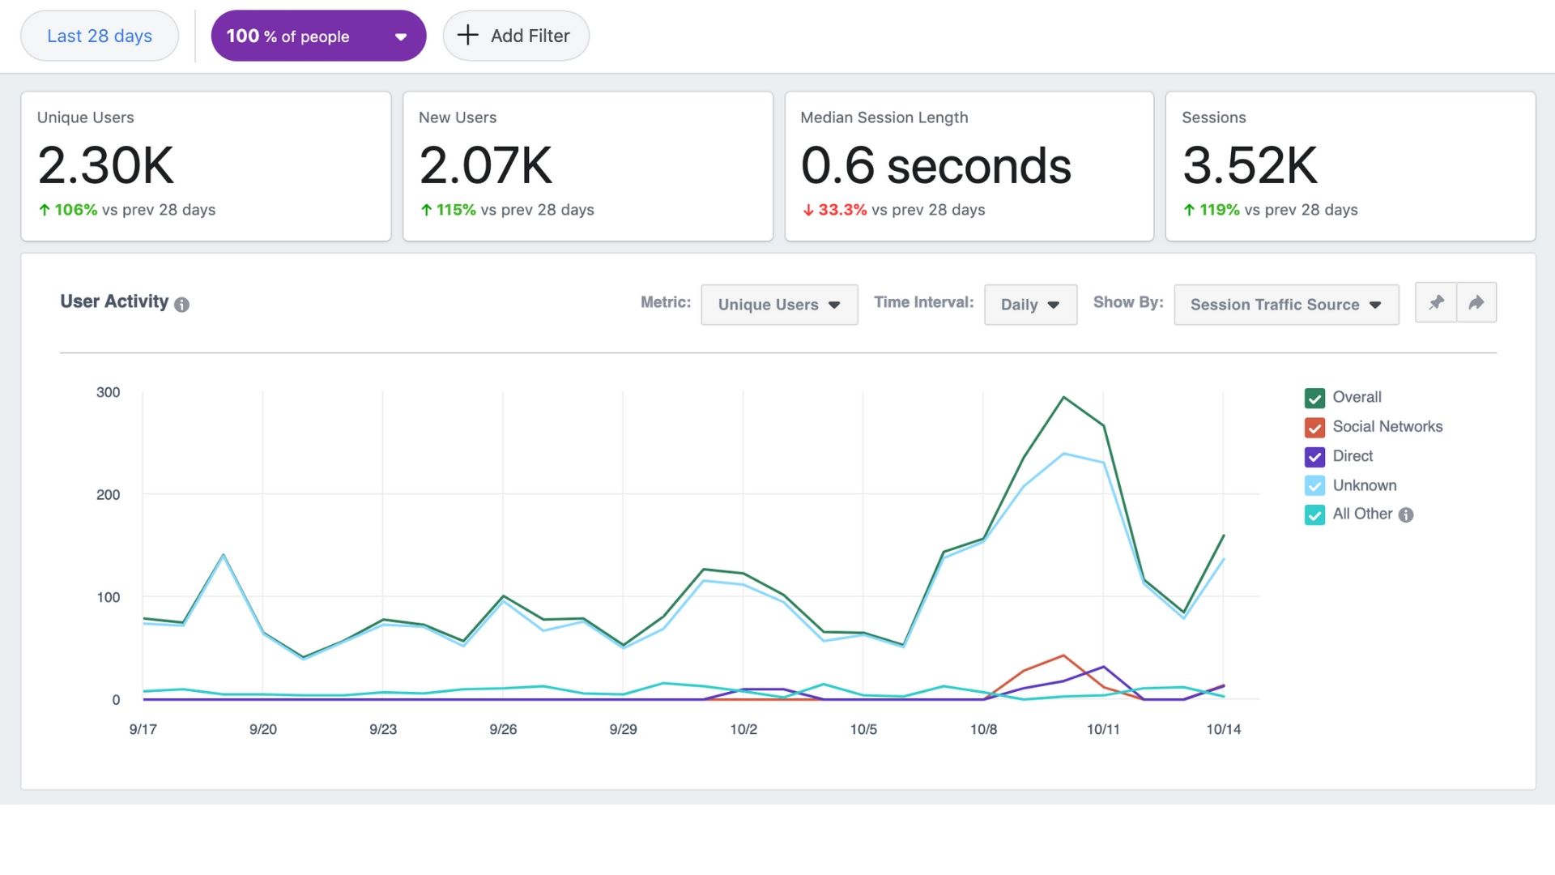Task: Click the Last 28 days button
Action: [x=100, y=36]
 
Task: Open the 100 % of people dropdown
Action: [x=318, y=36]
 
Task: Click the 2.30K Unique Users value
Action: [x=106, y=165]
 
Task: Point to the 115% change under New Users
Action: [x=456, y=210]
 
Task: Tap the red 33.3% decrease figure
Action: [x=841, y=210]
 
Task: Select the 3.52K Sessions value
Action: [x=1250, y=165]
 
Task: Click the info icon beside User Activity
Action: [x=182, y=305]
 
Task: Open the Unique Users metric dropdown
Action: [x=778, y=305]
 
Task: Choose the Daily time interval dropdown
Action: [x=1029, y=305]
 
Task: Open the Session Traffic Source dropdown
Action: [x=1285, y=305]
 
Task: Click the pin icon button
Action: [x=1436, y=302]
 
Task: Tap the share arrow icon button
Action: [x=1476, y=302]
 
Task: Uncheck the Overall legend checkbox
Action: [x=1314, y=398]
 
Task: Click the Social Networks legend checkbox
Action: [x=1314, y=427]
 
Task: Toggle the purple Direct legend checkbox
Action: [x=1314, y=457]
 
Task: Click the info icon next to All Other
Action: [x=1406, y=514]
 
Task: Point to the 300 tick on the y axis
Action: [x=108, y=392]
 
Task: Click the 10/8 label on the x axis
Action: [x=983, y=729]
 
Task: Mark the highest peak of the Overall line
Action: [x=1063, y=397]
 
